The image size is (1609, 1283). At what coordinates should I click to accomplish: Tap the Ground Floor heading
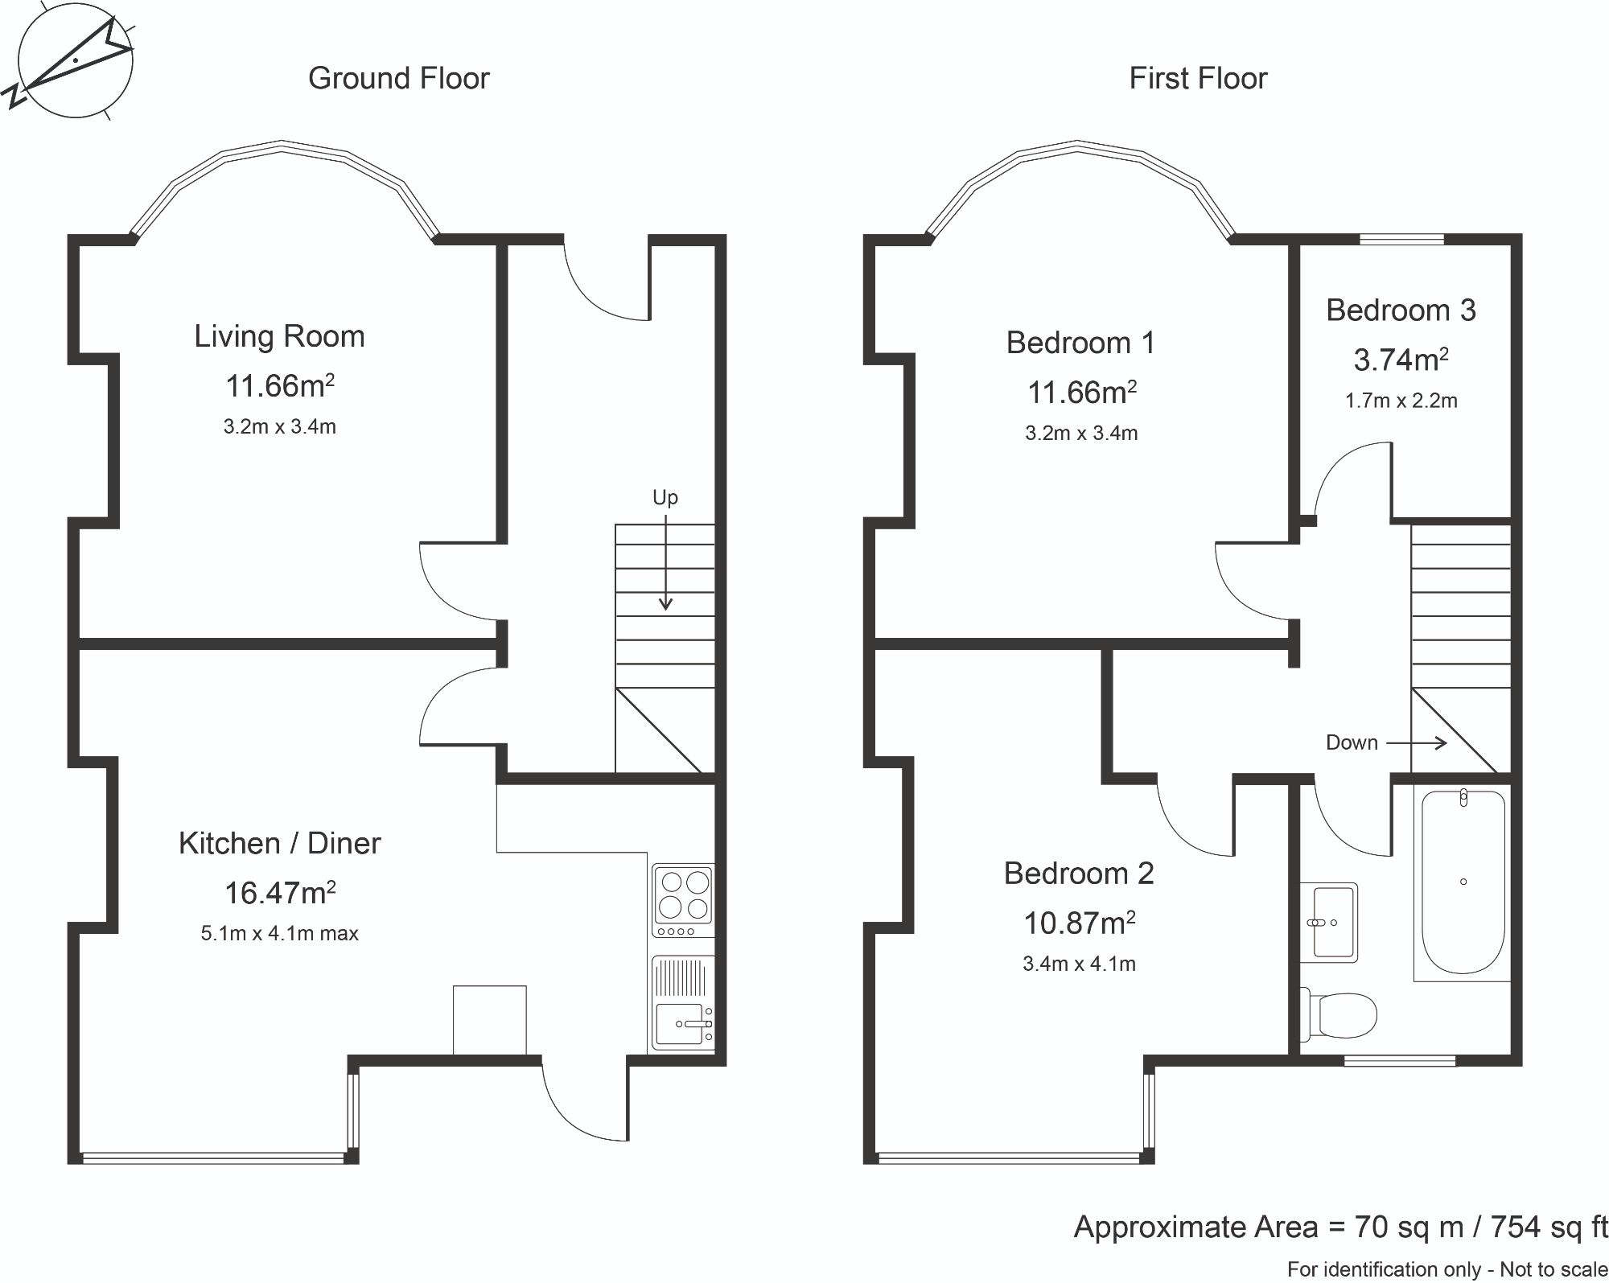[x=398, y=78]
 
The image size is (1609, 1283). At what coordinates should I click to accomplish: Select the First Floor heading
[x=1197, y=78]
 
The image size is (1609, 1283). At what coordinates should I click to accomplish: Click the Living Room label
[x=279, y=336]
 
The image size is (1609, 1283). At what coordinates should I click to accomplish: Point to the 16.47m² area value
[x=279, y=893]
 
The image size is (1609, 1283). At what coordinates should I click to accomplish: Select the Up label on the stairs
[x=665, y=497]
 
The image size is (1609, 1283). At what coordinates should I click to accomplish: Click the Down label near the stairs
[x=1352, y=742]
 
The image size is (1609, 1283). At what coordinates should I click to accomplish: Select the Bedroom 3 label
[x=1401, y=310]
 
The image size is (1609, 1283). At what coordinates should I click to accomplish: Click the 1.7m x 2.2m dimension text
[x=1401, y=401]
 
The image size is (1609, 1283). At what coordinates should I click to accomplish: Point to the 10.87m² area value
[x=1079, y=923]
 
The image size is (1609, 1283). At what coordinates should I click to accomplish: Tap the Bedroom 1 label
[x=1080, y=343]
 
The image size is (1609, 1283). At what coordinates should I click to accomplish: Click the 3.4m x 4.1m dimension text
[x=1079, y=964]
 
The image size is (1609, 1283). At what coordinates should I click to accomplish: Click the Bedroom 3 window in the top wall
[x=1401, y=239]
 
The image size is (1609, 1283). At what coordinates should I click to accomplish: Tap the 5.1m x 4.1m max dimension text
[x=279, y=934]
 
